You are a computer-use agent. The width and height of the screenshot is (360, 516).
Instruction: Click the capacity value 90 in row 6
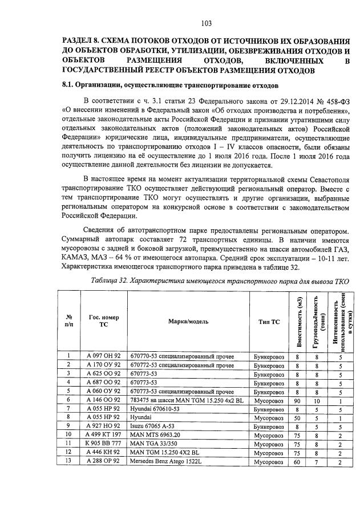tap(297, 401)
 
